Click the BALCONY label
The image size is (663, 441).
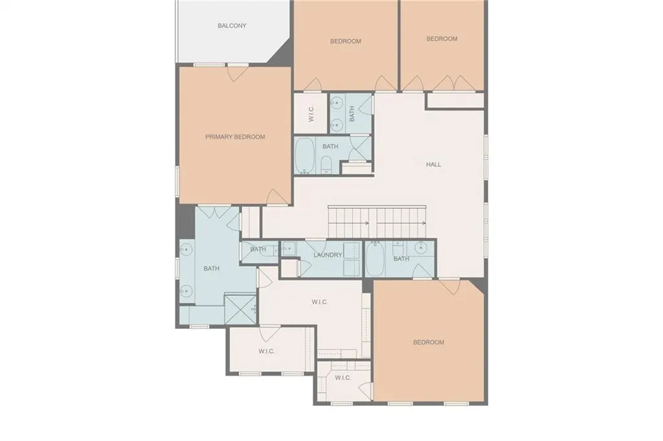click(232, 26)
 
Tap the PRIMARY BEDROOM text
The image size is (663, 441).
click(235, 137)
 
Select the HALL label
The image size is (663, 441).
click(433, 164)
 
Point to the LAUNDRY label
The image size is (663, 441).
click(328, 255)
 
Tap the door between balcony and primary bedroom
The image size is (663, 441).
click(238, 72)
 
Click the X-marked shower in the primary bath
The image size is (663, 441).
click(240, 309)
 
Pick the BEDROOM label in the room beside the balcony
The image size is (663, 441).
click(345, 41)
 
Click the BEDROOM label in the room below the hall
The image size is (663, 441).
click(429, 342)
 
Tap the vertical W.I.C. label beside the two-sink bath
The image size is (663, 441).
click(311, 115)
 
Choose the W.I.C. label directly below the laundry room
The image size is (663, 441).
click(319, 302)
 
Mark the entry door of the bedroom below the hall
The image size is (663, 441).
click(449, 286)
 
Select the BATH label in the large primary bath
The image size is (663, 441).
click(212, 268)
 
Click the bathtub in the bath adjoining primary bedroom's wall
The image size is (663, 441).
click(304, 155)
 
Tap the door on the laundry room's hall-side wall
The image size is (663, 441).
click(315, 247)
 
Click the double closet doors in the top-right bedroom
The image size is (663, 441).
click(455, 84)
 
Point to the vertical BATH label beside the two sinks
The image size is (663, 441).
click(352, 115)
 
